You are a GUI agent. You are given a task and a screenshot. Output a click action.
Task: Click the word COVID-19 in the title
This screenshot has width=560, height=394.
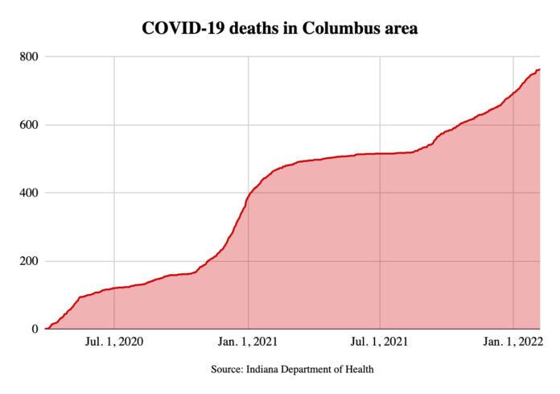tap(177, 28)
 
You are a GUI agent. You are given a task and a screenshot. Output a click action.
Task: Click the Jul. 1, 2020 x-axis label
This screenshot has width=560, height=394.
tap(115, 342)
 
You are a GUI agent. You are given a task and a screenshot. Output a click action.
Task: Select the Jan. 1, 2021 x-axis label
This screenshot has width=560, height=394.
tap(248, 342)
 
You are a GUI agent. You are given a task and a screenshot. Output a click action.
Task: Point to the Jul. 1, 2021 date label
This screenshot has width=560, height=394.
tap(379, 342)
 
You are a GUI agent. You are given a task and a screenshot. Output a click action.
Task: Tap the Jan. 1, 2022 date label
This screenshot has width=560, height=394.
tap(513, 342)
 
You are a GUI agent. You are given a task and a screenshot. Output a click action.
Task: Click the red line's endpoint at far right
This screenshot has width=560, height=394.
tap(539, 69)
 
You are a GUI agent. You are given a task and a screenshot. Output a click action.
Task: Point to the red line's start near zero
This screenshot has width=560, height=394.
tap(46, 329)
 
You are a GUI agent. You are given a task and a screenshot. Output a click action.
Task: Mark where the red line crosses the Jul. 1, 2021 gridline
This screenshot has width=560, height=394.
tap(379, 153)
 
